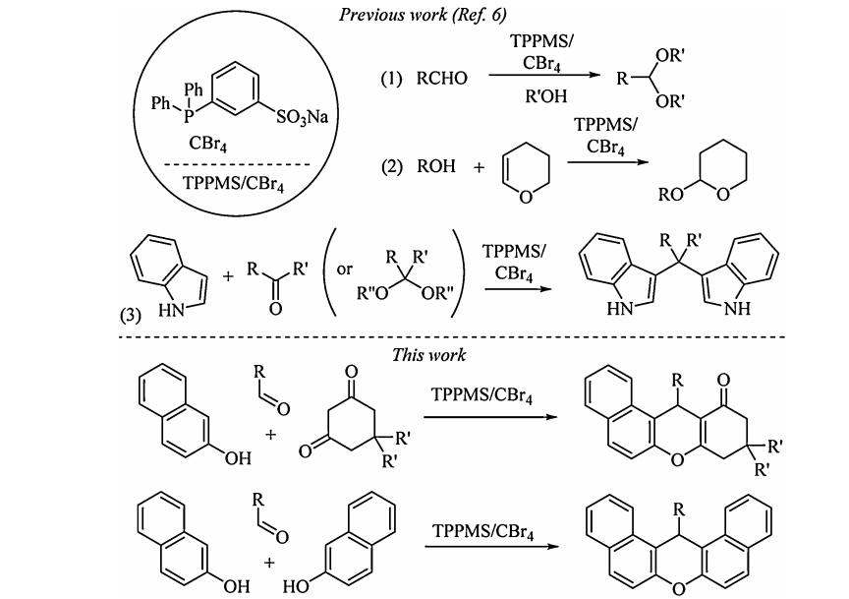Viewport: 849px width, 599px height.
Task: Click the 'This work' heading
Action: click(x=428, y=354)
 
